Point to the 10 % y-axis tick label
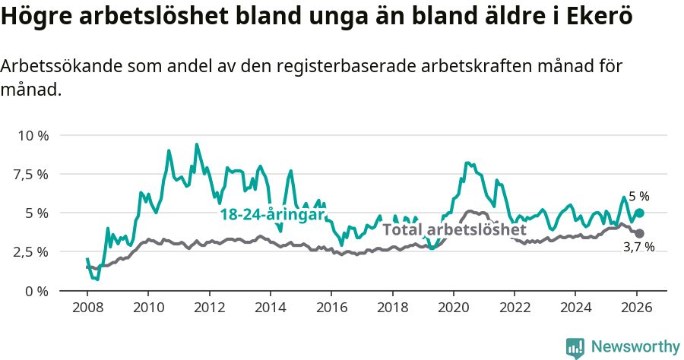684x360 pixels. [x=33, y=135]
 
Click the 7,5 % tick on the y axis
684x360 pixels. [x=33, y=174]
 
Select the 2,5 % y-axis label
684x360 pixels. [x=33, y=251]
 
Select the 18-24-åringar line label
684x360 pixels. [x=272, y=215]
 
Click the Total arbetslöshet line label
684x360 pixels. [x=454, y=229]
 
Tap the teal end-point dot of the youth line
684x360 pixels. [x=639, y=213]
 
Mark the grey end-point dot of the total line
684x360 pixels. [x=639, y=233]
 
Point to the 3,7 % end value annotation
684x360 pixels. [x=638, y=248]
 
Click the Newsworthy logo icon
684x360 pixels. [x=575, y=348]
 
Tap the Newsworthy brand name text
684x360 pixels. [x=635, y=347]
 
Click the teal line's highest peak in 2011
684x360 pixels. [x=197, y=144]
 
